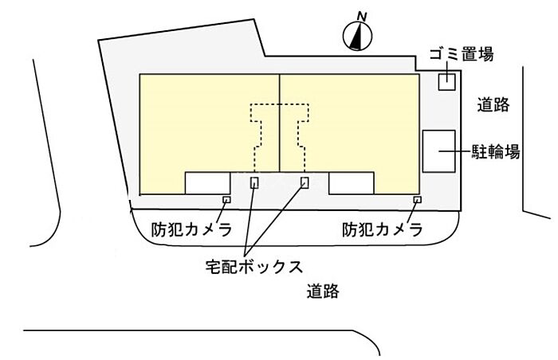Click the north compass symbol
[358, 36]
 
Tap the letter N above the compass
[362, 17]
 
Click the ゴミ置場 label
[462, 54]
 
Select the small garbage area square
[446, 81]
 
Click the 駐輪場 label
[496, 151]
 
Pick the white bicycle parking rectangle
[438, 151]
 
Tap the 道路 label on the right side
[493, 105]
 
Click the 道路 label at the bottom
[323, 291]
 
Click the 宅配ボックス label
[254, 267]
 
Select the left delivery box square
[254, 182]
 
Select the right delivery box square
[305, 182]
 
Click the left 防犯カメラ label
[192, 229]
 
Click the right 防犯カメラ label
[383, 229]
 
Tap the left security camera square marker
[226, 200]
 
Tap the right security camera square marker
[418, 200]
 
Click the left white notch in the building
[207, 183]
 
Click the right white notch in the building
[352, 183]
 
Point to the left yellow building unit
[199, 124]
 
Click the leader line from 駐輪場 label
[455, 151]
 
